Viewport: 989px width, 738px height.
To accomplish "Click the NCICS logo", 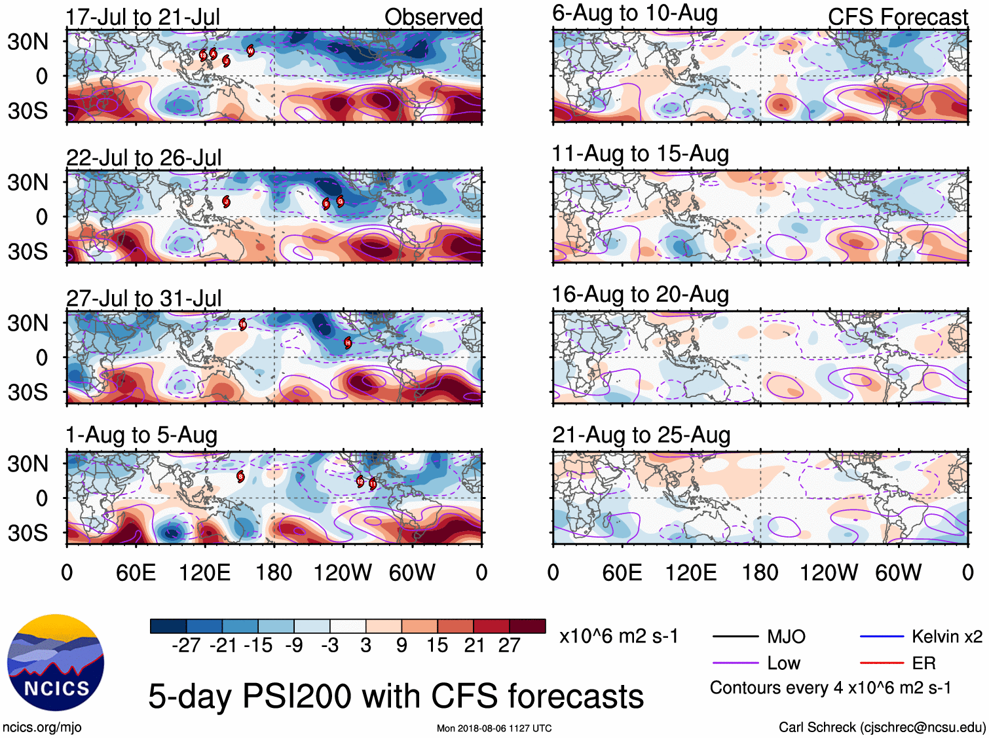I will tap(55, 663).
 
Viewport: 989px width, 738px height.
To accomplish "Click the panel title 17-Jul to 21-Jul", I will tap(143, 17).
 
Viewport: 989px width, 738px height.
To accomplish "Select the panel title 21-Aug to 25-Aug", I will tap(641, 435).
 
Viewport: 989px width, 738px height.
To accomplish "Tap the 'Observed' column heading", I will tap(433, 17).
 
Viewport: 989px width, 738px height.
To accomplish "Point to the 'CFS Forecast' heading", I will tap(897, 17).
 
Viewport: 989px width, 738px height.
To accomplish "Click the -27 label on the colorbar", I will tap(186, 646).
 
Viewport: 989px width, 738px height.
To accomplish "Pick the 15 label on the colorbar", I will tap(437, 646).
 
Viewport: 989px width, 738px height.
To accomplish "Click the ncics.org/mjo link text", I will tap(42, 727).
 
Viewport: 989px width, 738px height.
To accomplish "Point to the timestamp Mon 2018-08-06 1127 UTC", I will tap(494, 728).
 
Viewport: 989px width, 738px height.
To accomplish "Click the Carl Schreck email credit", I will tap(882, 727).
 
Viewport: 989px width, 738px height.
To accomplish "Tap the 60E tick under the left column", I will tap(136, 573).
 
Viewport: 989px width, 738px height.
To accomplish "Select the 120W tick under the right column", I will tap(829, 573).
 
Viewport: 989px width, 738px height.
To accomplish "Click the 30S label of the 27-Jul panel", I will tap(28, 392).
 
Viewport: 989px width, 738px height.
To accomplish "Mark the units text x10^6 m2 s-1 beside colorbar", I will tap(618, 637).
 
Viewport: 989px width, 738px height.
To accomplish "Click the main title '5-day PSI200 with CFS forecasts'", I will tap(396, 696).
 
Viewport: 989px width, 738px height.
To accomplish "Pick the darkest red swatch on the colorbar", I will tap(527, 626).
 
